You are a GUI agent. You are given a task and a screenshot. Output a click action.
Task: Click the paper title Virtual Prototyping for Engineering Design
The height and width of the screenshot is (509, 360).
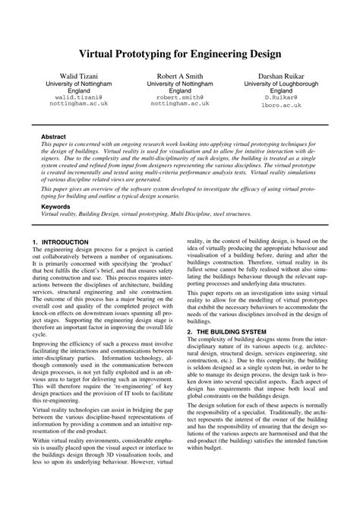(x=180, y=55)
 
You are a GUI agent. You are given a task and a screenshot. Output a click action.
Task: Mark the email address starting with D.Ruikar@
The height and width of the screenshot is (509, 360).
(x=272, y=97)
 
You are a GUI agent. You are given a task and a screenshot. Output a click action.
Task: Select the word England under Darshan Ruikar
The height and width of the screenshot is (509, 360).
(x=272, y=90)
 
